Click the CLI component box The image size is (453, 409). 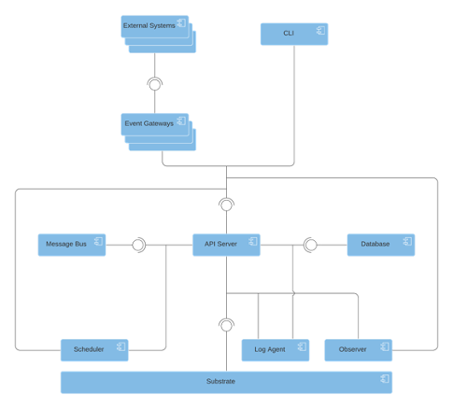click(294, 34)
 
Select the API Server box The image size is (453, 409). click(226, 245)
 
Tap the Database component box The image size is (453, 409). click(381, 245)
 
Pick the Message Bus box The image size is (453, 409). click(72, 245)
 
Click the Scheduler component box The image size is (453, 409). click(94, 350)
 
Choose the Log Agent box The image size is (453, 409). click(276, 350)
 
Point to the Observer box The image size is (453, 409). click(359, 350)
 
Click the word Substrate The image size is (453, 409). click(220, 381)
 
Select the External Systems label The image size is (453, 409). click(149, 25)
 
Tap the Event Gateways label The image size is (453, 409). click(149, 123)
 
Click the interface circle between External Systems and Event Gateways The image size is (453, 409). click(155, 85)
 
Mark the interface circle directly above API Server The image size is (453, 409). click(226, 205)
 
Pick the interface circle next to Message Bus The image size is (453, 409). click(138, 245)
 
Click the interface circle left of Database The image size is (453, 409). click(311, 245)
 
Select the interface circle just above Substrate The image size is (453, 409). click(226, 326)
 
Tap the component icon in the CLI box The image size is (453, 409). click(321, 31)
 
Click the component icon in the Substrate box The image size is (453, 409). click(385, 378)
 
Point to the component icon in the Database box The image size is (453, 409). click(407, 241)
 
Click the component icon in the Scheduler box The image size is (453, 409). click(121, 346)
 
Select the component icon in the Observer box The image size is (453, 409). click(385, 346)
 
